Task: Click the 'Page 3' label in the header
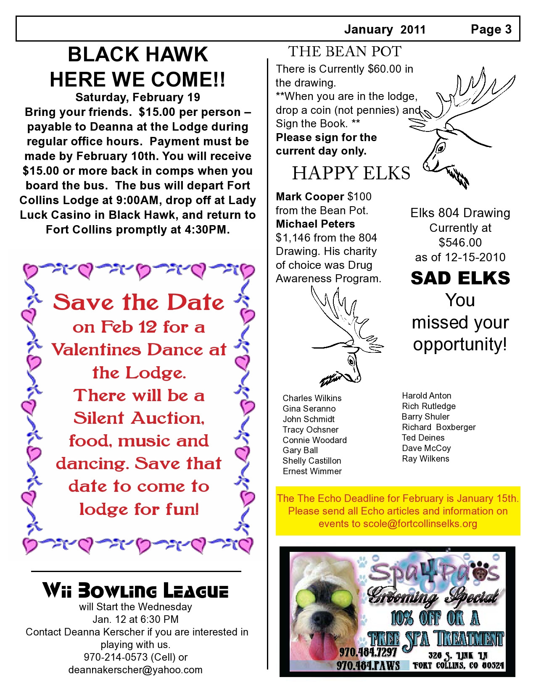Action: pos(491,29)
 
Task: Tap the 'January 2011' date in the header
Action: pos(385,29)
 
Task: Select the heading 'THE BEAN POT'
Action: pos(344,52)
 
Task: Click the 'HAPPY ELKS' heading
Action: pos(351,173)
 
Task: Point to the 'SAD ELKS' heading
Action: pos(460,278)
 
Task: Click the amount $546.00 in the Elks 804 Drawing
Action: pos(460,242)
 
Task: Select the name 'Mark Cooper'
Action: pos(310,197)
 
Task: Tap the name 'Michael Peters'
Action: pos(315,224)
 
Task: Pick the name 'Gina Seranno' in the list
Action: pos(309,409)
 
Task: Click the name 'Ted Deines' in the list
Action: pos(423,438)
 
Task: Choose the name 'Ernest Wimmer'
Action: pos(312,471)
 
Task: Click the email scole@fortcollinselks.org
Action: pos(420,524)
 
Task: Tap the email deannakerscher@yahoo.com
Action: pos(135,670)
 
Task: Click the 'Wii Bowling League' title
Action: pos(135,591)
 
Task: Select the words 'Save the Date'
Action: pos(138,302)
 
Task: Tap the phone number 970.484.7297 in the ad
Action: pos(368,652)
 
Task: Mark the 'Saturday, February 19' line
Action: pos(137,97)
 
